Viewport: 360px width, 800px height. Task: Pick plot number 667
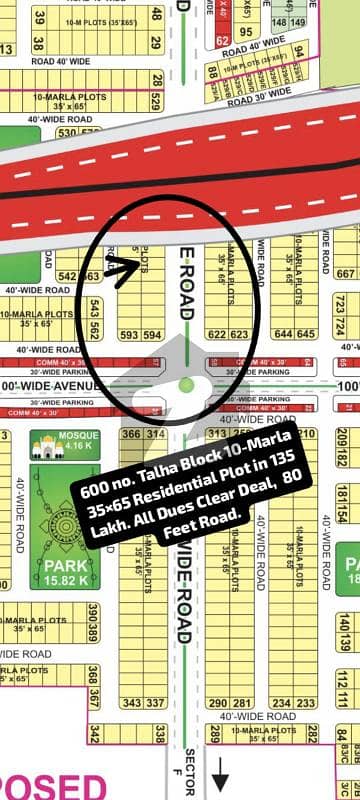point(345,273)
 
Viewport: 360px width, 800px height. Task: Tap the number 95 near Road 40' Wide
point(245,31)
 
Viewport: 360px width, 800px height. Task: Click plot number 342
point(93,735)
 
